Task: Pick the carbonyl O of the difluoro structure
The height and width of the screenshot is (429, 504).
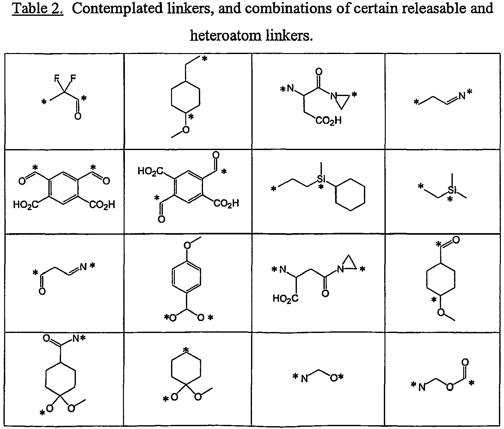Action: [77, 116]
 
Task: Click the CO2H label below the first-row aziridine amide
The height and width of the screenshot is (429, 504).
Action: [328, 120]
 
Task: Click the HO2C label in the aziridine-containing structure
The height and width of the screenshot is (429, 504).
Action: [286, 298]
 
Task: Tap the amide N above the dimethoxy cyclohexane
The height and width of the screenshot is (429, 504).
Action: [76, 339]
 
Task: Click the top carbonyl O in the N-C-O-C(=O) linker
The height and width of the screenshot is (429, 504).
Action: [465, 362]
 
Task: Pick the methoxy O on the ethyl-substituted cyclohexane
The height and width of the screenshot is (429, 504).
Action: [186, 130]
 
